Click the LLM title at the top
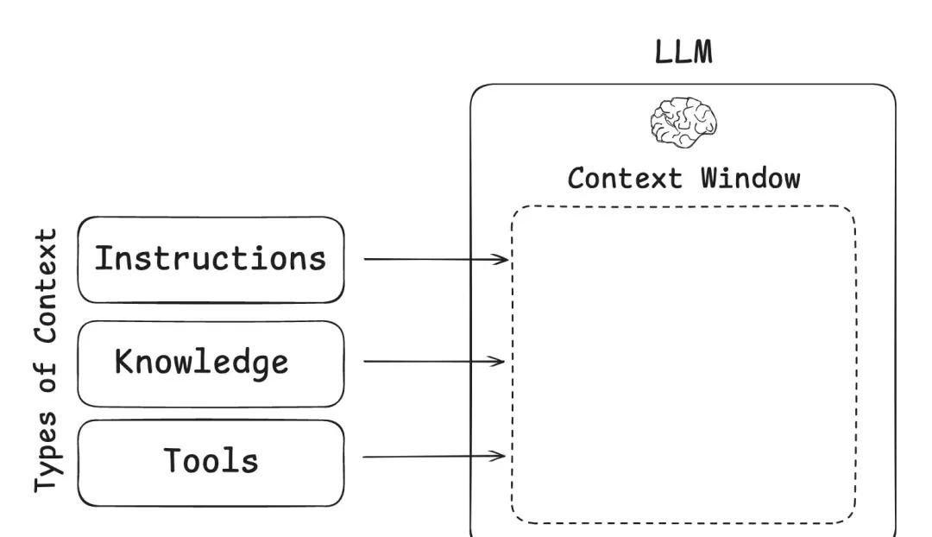pos(683,52)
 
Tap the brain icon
pos(683,122)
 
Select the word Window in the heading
pos(750,179)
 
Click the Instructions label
pos(211,258)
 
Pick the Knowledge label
pos(201,362)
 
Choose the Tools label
pos(211,461)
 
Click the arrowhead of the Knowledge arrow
pos(501,361)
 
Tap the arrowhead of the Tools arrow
pos(501,456)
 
